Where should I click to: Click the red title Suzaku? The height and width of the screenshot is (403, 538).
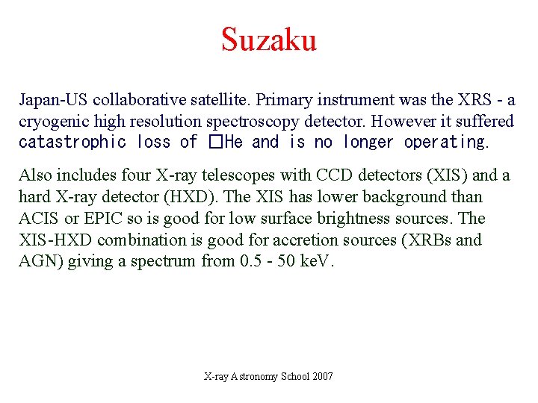(x=269, y=40)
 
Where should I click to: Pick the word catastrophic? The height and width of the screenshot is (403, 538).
(x=72, y=142)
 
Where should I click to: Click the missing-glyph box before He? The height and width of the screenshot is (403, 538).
(x=216, y=142)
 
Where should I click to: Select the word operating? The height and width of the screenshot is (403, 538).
(x=445, y=142)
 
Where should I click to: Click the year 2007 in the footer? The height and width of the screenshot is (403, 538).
(x=321, y=376)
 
